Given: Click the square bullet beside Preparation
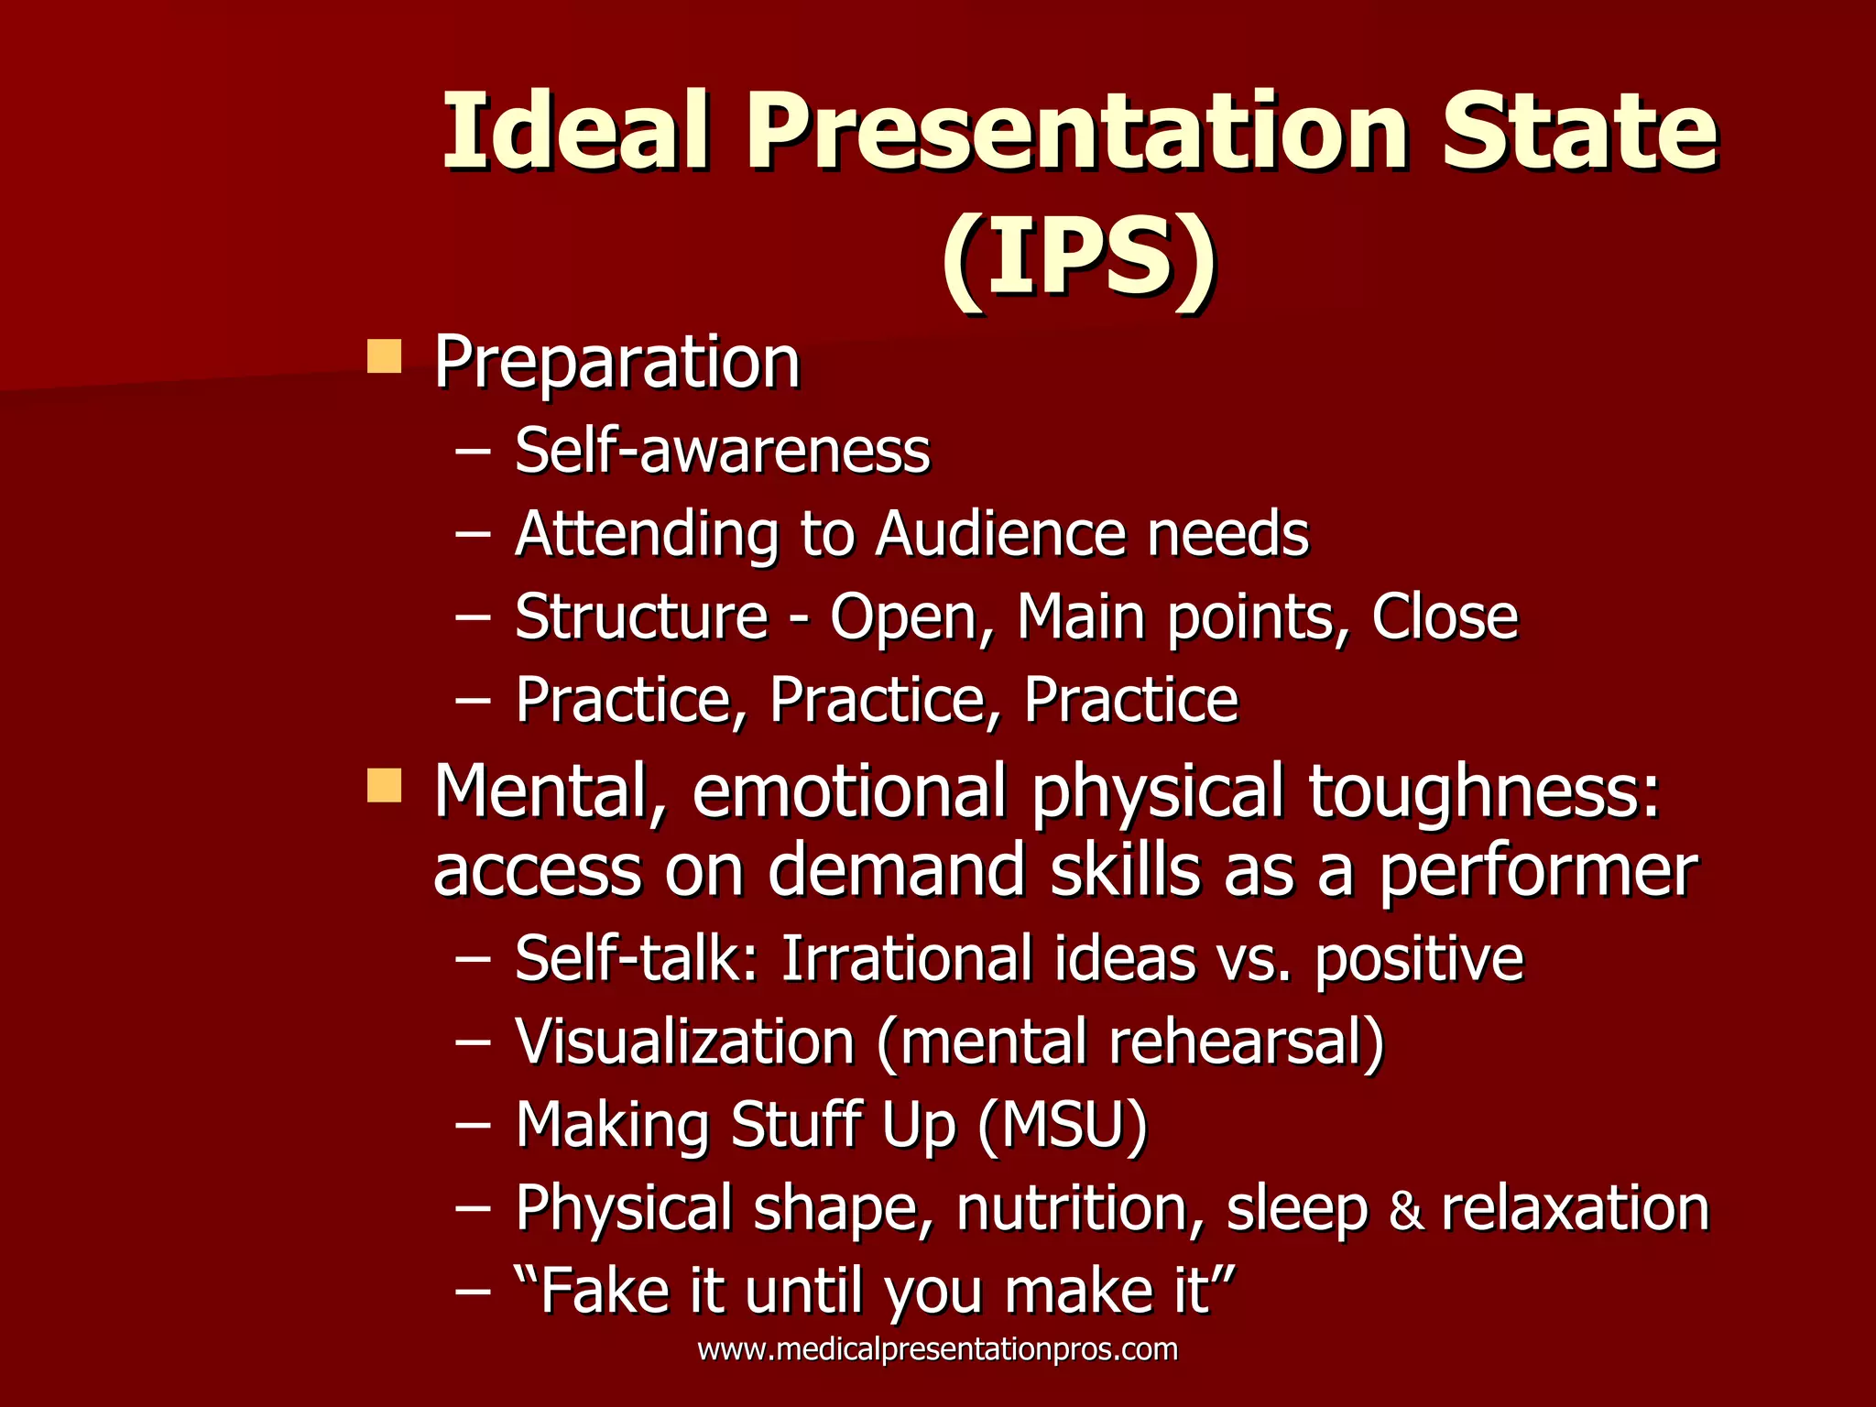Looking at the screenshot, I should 384,356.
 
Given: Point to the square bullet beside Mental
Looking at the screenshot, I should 384,785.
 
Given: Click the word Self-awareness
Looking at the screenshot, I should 722,451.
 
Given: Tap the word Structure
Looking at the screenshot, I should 641,616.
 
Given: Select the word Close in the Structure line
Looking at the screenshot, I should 1445,616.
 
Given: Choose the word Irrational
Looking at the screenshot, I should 906,959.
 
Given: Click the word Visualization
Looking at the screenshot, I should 684,1042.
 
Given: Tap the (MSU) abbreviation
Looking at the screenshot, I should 1062,1125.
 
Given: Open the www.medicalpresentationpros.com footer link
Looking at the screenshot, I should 937,1349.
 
